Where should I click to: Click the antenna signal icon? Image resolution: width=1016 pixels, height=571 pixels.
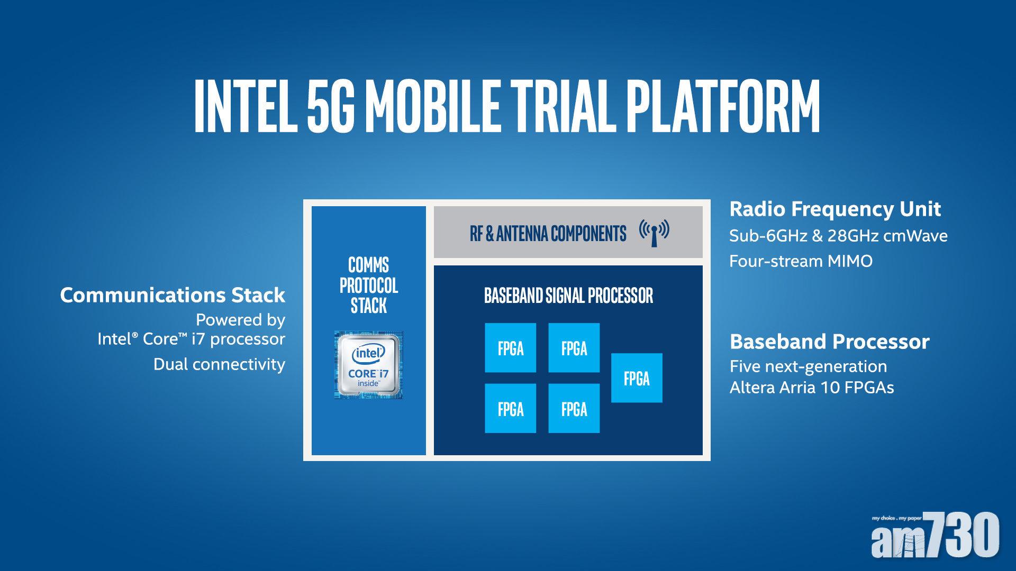click(654, 233)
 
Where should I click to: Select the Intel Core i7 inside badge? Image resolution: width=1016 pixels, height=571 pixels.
click(369, 365)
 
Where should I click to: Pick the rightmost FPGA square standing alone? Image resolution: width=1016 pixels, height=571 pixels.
click(637, 378)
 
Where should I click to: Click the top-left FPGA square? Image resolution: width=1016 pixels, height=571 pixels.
click(511, 348)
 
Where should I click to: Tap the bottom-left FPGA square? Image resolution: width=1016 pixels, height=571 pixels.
click(511, 409)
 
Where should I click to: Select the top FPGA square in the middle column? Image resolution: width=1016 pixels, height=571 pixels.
click(574, 348)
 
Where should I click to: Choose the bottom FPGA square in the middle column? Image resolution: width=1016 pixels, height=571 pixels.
click(574, 409)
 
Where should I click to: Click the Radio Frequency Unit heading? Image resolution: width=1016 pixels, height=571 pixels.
click(835, 209)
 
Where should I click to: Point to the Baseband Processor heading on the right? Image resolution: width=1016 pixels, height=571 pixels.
click(829, 342)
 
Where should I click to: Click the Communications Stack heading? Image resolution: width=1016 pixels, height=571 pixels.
click(173, 295)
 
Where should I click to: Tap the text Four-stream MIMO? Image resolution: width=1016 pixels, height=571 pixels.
click(801, 261)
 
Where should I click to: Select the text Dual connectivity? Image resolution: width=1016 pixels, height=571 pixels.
click(219, 364)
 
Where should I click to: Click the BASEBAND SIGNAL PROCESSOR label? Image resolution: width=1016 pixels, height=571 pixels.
click(568, 296)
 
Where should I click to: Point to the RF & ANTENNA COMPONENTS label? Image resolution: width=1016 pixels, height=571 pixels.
click(548, 233)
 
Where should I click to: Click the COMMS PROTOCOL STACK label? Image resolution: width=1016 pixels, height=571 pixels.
click(369, 285)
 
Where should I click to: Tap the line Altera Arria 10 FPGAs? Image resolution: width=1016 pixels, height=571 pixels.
click(812, 388)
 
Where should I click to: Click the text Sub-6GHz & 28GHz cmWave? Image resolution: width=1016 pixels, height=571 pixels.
click(838, 236)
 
